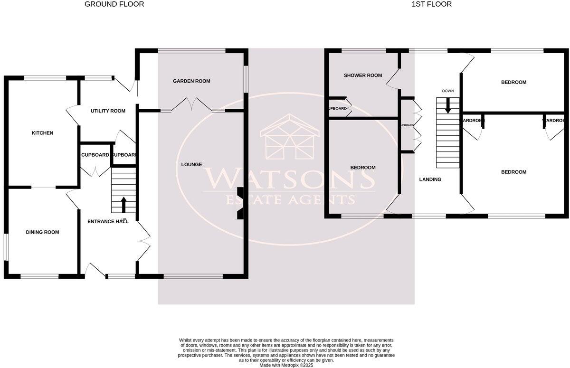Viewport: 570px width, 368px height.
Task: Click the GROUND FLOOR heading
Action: pyautogui.click(x=114, y=4)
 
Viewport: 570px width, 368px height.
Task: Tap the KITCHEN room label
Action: pyautogui.click(x=42, y=133)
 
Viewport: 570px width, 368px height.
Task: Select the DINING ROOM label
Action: pyautogui.click(x=42, y=232)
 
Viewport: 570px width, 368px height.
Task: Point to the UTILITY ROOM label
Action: pyautogui.click(x=108, y=111)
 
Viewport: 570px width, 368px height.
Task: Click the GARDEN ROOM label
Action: pyautogui.click(x=191, y=81)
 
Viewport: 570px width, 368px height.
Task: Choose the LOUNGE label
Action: pyautogui.click(x=191, y=165)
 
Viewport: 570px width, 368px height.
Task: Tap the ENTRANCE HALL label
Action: pyautogui.click(x=108, y=221)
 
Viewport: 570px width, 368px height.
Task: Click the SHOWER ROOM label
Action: pyautogui.click(x=363, y=75)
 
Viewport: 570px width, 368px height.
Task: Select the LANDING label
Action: pyautogui.click(x=430, y=179)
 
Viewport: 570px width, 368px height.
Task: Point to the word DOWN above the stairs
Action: pyautogui.click(x=448, y=91)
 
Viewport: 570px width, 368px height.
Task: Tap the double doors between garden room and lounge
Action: pyautogui.click(x=192, y=104)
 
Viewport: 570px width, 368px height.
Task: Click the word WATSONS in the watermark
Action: pyautogui.click(x=288, y=178)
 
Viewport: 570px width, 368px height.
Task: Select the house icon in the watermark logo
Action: pyautogui.click(x=288, y=139)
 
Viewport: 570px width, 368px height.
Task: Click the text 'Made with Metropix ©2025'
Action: pyautogui.click(x=286, y=365)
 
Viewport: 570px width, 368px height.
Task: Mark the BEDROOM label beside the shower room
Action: pyautogui.click(x=363, y=168)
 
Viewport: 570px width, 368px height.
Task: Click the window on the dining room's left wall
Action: pyautogui.click(x=6, y=246)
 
